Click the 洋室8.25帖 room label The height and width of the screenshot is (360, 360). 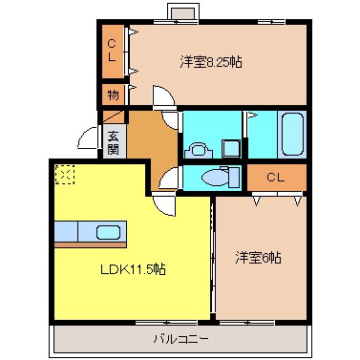210,62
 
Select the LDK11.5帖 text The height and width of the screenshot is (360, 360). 135,270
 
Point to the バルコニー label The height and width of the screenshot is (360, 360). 180,339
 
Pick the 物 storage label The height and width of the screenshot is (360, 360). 113,95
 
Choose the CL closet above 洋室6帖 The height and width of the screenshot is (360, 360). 276,178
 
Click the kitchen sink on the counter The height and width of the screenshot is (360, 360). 108,232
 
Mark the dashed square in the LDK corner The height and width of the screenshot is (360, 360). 64,174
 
